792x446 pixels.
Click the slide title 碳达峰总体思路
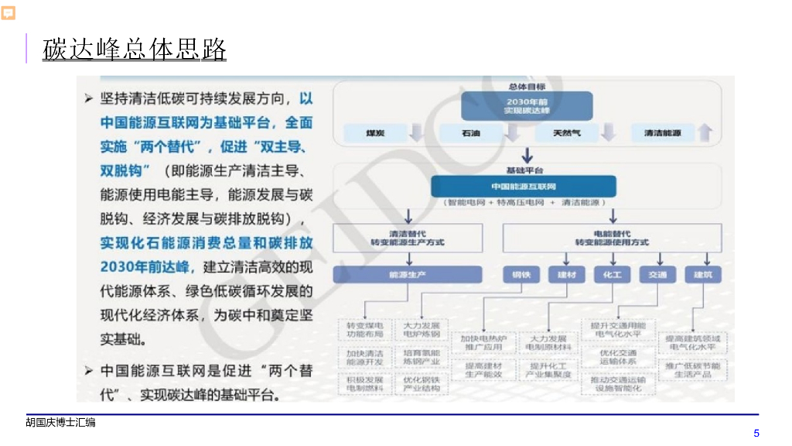[135, 49]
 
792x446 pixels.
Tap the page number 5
[756, 433]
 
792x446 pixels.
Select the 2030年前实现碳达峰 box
[527, 106]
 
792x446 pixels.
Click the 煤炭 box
[376, 133]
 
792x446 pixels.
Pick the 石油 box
[470, 133]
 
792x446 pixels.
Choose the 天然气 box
[566, 133]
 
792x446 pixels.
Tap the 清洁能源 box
[662, 133]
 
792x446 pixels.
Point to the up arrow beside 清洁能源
[704, 132]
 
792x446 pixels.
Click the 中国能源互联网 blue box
[524, 187]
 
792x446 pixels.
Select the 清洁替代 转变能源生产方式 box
[408, 237]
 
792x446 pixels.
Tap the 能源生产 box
[408, 275]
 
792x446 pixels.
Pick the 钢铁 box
[521, 275]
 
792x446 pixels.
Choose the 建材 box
[566, 275]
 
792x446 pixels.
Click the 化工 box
[612, 275]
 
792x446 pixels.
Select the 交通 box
[657, 275]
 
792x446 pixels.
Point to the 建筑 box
[703, 275]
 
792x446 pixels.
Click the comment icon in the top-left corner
[9, 13]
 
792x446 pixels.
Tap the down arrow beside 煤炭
[416, 132]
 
